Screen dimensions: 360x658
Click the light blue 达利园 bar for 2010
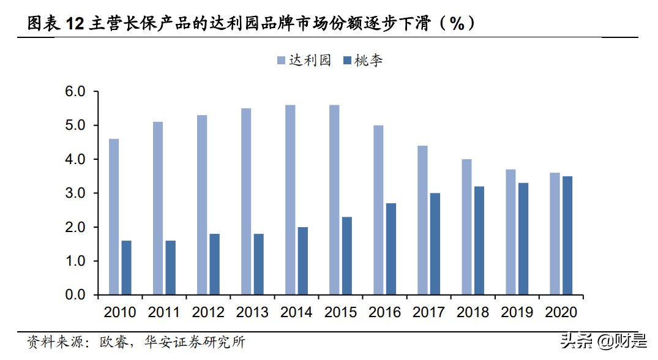coord(113,217)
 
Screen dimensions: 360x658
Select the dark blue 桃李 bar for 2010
coord(126,268)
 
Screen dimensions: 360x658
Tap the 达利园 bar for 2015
coord(334,200)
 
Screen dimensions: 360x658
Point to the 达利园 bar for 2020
coord(555,234)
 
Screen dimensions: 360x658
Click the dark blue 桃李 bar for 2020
coord(567,236)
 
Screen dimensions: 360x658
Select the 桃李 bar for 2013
coord(258,264)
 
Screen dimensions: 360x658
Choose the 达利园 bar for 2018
coord(466,227)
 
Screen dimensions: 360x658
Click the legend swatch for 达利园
coord(282,60)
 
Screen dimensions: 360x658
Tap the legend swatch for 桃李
coord(348,60)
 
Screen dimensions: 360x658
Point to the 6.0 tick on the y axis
coord(80,92)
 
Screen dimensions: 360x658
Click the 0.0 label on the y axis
coord(80,295)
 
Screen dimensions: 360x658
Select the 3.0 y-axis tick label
coord(80,193)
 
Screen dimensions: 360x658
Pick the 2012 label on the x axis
coord(208,312)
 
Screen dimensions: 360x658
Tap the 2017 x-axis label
coord(428,312)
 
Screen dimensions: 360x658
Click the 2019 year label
coord(517,312)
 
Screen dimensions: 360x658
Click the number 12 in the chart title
coord(74,24)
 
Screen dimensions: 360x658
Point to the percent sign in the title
coord(457,24)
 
